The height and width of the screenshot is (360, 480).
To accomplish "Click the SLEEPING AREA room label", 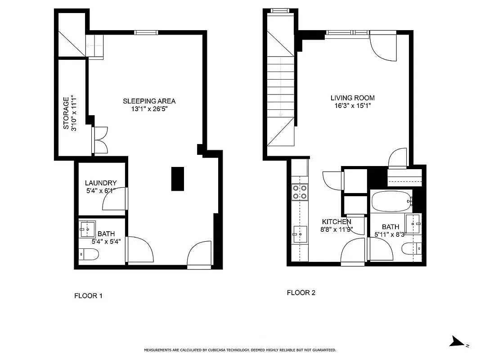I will [x=149, y=101].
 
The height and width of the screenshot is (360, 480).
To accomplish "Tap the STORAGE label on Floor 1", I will [x=66, y=113].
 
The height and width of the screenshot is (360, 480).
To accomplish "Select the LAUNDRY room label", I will [x=101, y=183].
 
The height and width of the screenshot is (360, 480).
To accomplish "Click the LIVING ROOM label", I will [x=352, y=98].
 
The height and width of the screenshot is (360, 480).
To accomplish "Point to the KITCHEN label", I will [x=336, y=222].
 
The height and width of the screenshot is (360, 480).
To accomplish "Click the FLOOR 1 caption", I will [x=88, y=296].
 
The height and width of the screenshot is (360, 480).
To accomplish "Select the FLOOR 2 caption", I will [x=301, y=292].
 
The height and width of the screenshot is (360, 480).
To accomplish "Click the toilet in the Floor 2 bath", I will [x=411, y=248].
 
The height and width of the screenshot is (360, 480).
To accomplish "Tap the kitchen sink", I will [x=299, y=234].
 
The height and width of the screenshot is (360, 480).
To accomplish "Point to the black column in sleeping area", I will [x=178, y=179].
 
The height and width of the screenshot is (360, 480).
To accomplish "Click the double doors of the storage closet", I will [x=100, y=140].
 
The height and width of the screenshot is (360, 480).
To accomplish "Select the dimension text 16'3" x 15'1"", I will [x=352, y=106].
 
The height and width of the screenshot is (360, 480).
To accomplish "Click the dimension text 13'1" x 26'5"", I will [x=149, y=109].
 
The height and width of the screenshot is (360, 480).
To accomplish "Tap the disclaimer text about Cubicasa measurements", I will [x=240, y=350].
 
